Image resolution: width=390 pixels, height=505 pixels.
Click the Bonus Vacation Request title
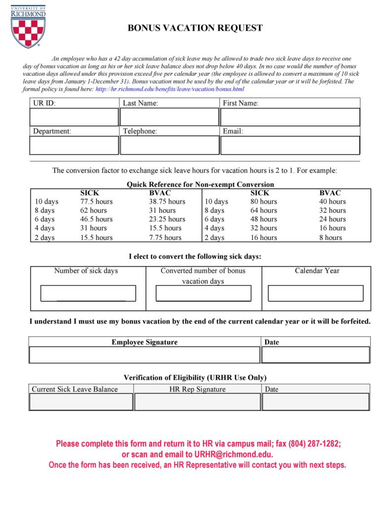(x=195, y=28)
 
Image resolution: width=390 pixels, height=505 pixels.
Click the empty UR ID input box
(x=74, y=117)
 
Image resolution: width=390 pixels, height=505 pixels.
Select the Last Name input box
(x=169, y=117)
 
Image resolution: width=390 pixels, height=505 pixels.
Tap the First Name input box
(x=290, y=117)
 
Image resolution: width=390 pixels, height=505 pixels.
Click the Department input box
(x=74, y=145)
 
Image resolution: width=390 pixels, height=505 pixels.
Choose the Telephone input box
(x=169, y=145)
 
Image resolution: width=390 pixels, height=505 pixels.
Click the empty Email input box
(x=290, y=145)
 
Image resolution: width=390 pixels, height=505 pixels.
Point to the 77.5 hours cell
(x=96, y=202)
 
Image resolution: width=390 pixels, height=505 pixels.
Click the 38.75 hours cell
(x=167, y=202)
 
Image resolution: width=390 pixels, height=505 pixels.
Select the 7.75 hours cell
(x=165, y=238)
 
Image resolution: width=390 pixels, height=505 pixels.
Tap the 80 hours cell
(x=264, y=202)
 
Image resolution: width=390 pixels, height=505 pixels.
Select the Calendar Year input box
(x=315, y=293)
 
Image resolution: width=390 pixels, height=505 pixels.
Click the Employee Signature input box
(x=144, y=355)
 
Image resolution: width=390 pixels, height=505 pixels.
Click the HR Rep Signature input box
(x=197, y=402)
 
